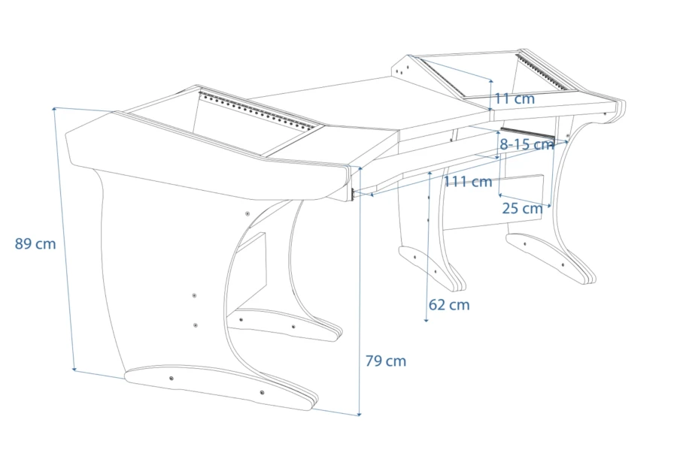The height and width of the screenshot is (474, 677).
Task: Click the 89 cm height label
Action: [35, 243]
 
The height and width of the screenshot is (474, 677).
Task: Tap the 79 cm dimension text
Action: [386, 361]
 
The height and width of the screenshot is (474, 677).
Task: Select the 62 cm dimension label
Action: [449, 305]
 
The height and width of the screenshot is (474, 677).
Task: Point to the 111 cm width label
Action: [468, 182]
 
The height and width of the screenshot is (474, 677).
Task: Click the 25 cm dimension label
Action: [523, 209]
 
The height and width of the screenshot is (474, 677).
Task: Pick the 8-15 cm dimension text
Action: [527, 144]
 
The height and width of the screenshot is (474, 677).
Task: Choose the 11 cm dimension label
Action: [515, 98]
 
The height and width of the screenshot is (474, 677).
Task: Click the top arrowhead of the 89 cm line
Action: [54, 110]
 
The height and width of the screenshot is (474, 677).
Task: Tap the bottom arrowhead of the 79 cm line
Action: [360, 414]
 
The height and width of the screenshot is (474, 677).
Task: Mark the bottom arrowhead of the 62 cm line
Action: [427, 319]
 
